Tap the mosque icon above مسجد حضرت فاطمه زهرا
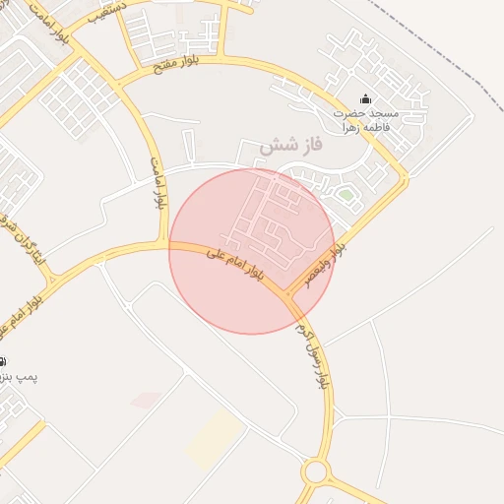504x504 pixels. [366, 98]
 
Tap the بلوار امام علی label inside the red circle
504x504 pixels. [235, 263]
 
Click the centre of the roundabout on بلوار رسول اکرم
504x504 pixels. [315, 472]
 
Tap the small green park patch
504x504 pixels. [345, 195]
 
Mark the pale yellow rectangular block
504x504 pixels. [215, 439]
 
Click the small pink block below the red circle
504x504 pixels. [146, 400]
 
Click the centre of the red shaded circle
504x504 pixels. [252, 251]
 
